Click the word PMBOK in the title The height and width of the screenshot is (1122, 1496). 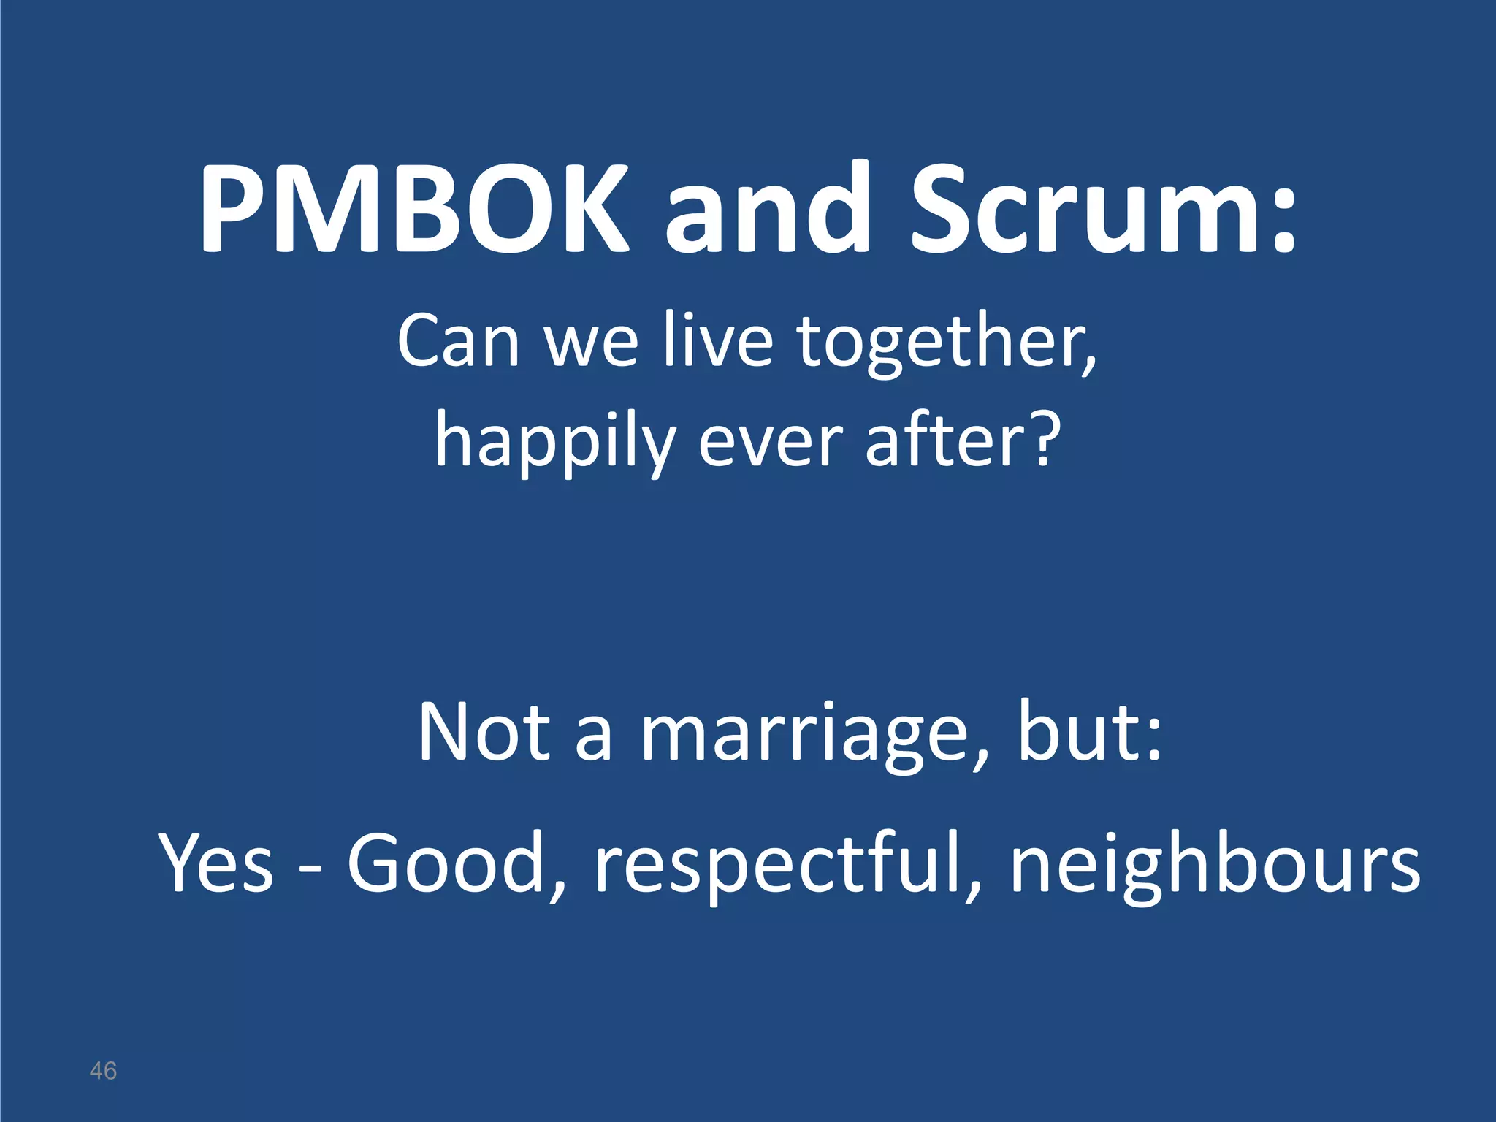point(413,208)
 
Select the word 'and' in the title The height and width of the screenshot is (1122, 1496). point(767,208)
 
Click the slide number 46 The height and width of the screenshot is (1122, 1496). point(103,1071)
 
